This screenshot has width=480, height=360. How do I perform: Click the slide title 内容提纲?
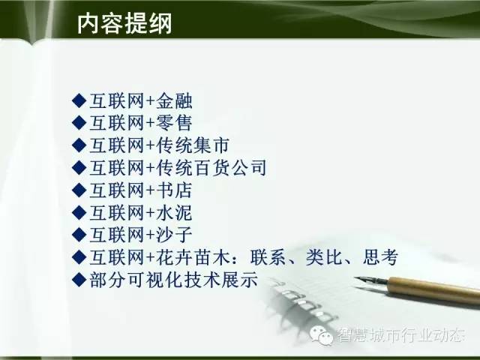124,23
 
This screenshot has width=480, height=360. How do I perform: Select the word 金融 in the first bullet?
174,100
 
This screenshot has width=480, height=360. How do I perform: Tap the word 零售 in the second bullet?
174,123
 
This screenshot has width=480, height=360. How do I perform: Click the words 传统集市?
193,145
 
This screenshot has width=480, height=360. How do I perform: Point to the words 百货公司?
230,168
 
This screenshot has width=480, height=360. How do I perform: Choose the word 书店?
174,190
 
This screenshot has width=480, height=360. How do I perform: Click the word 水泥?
174,212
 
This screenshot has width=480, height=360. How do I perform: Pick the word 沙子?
174,235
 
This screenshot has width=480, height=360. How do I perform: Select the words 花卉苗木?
193,257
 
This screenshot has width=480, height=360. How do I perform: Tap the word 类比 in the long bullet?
323,257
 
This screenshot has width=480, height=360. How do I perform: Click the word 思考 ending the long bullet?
380,257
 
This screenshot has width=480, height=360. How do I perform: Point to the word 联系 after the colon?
268,257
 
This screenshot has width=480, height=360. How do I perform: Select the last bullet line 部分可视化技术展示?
173,280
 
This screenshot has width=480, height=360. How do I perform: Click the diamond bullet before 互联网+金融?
79,100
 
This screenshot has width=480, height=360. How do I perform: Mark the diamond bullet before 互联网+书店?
79,190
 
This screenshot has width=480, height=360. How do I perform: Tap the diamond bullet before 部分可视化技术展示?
79,280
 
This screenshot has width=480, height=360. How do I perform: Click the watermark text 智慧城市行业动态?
401,335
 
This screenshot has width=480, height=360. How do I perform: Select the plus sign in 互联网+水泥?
150,213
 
